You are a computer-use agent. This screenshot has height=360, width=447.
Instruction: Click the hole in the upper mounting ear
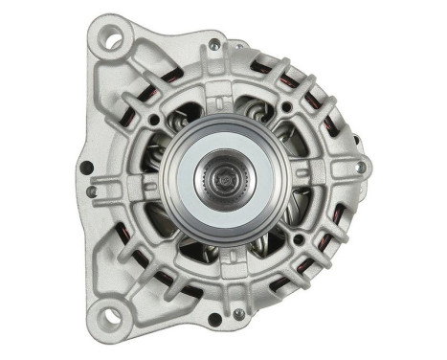(113, 40)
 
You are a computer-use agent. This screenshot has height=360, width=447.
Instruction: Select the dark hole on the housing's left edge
(86, 169)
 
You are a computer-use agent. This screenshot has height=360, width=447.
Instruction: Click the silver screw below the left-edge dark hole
(90, 191)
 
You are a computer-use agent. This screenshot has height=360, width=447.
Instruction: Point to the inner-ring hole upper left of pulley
(153, 120)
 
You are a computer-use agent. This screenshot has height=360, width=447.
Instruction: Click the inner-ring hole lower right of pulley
(298, 238)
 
